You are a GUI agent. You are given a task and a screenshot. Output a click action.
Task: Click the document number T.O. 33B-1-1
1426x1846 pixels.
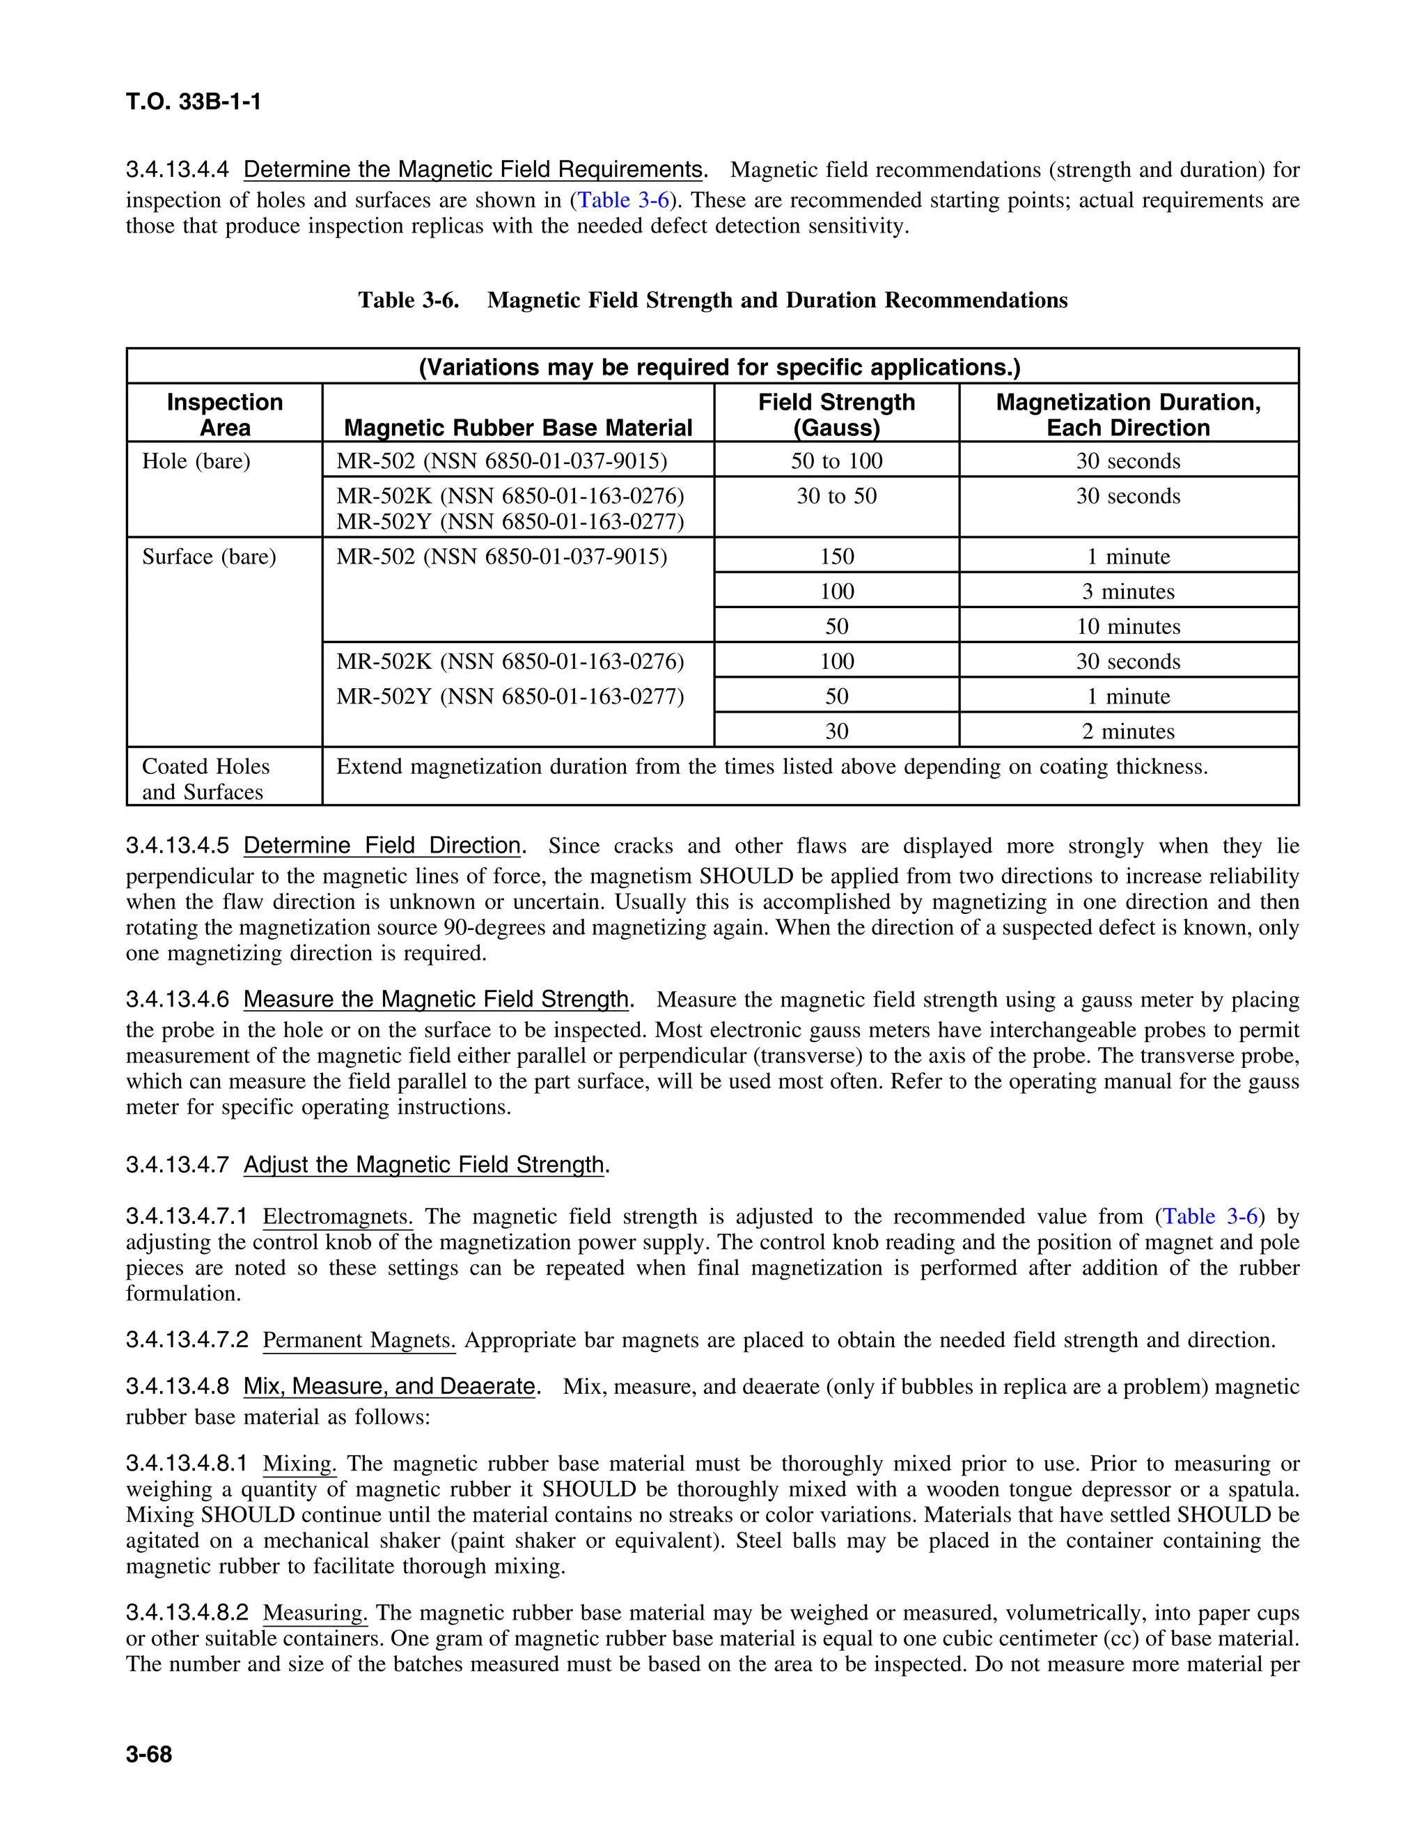[194, 102]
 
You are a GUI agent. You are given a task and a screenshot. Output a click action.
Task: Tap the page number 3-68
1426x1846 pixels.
[149, 1755]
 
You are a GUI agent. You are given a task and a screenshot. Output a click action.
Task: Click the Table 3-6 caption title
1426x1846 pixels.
[712, 300]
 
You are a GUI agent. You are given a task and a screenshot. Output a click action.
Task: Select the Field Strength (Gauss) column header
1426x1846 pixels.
[836, 414]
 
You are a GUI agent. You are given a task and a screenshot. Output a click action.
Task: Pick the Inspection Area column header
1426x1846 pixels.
[225, 414]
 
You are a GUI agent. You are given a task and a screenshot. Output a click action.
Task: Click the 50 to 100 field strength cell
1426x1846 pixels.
[836, 460]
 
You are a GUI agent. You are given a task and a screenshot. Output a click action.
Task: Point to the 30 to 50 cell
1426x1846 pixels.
[836, 496]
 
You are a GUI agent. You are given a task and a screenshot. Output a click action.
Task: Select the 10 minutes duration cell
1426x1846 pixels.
[1128, 626]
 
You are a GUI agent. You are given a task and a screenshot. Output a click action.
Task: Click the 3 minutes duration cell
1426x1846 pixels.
[1128, 591]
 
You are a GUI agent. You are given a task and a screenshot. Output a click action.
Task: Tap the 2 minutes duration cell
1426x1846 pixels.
[1128, 731]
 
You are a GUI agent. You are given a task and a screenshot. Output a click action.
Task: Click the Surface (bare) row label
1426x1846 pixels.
[209, 557]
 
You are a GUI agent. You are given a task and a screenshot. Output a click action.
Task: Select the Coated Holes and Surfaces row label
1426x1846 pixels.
[205, 779]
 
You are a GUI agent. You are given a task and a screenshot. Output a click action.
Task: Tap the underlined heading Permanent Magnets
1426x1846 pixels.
[359, 1340]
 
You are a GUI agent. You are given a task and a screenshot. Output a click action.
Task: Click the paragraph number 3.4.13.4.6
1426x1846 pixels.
[178, 1000]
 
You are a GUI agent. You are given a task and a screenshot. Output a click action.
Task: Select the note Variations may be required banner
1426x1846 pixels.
[720, 367]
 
